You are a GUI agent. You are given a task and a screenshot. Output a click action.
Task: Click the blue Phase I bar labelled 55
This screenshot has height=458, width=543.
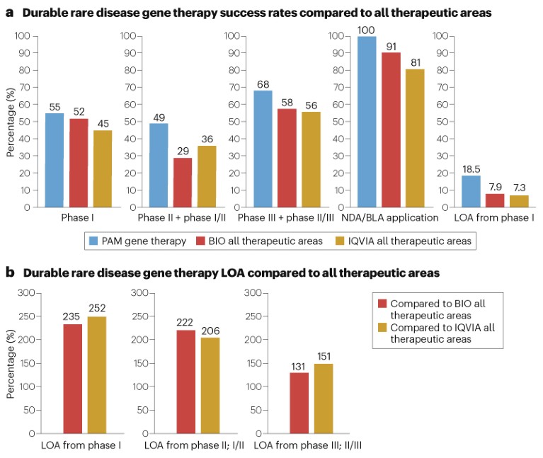pos(55,160)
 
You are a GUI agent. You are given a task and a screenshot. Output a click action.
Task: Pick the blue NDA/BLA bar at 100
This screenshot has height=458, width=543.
pos(367,122)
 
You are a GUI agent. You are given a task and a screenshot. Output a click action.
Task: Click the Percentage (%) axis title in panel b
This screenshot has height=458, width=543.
pos(11,362)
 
